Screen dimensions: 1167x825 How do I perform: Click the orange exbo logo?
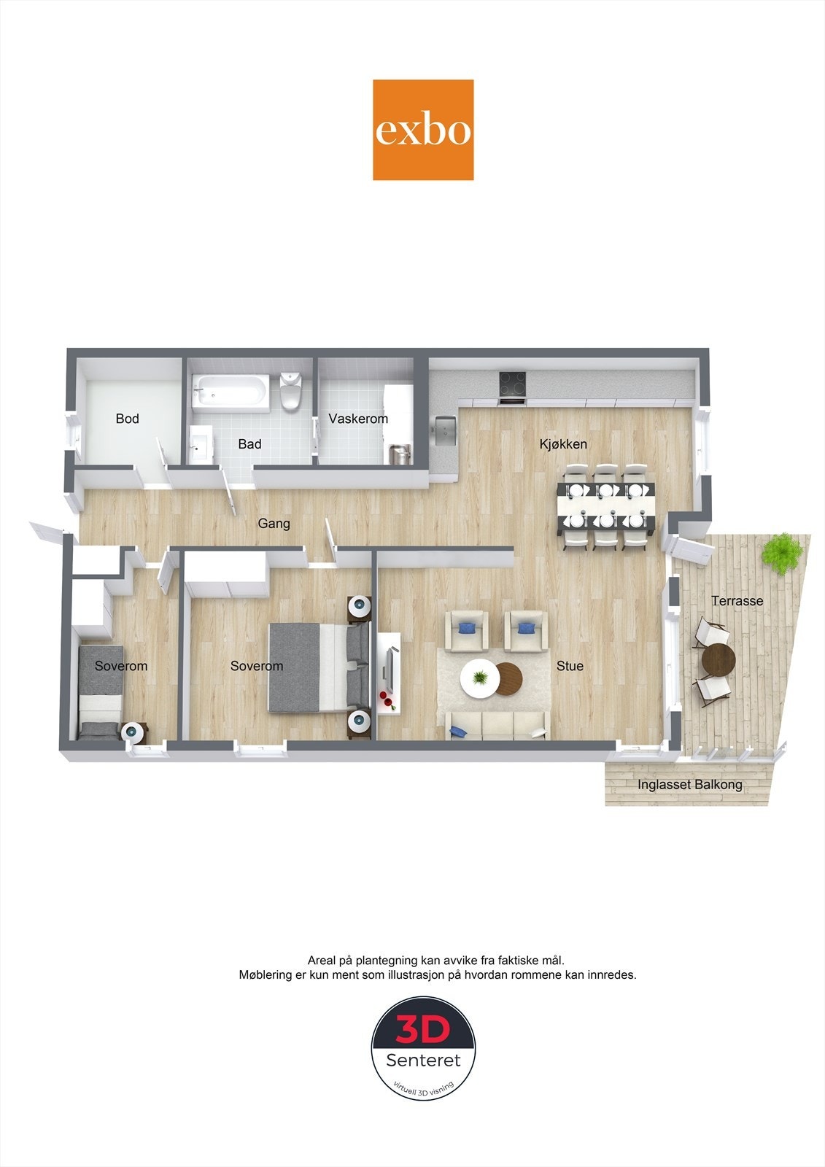(x=423, y=130)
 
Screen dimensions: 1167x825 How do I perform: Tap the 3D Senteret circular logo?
(x=423, y=1047)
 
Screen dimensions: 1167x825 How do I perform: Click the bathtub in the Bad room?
(x=229, y=391)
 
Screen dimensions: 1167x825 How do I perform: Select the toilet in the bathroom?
(x=290, y=390)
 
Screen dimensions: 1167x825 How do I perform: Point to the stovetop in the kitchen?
(x=511, y=384)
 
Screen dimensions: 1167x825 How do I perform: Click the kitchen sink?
(x=444, y=430)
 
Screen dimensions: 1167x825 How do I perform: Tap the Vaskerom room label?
(x=357, y=419)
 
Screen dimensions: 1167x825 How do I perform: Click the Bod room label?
(x=127, y=419)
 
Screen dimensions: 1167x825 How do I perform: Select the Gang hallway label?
(x=274, y=523)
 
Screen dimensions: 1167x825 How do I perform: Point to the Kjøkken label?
(x=563, y=444)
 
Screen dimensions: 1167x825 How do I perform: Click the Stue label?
(x=570, y=666)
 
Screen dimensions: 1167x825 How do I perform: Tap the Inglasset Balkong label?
(x=689, y=785)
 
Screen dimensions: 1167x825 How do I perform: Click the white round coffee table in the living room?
(x=479, y=679)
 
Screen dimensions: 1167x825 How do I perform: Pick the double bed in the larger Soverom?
(x=317, y=667)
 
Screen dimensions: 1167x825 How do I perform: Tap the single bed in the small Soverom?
(x=101, y=693)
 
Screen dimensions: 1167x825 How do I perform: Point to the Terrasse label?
(x=737, y=601)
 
